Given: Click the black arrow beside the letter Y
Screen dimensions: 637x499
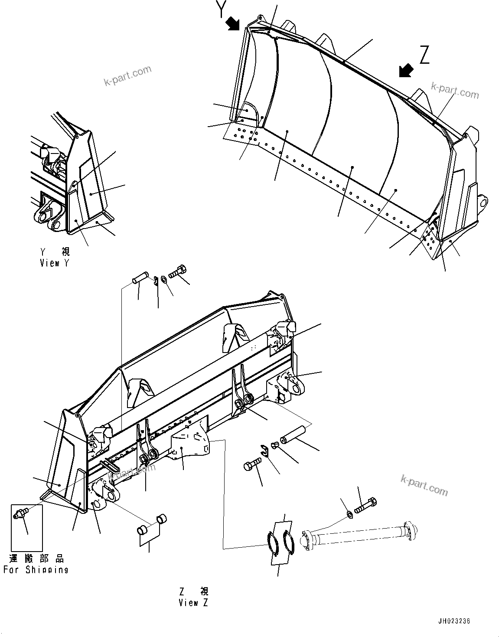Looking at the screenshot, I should pos(233,23).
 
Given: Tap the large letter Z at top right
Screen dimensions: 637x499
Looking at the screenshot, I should pos(424,56).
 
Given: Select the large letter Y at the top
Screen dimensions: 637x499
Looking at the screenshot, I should pos(222,9).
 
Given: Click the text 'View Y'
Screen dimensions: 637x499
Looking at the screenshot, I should pos(54,263).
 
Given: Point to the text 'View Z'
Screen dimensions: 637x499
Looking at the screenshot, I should pos(193,603).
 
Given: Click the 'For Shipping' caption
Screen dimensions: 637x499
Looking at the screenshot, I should pos(36,570).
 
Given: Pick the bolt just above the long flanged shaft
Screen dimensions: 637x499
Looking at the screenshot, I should pos(366,505).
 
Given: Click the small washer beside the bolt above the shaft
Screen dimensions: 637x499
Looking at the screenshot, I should pos(350,514).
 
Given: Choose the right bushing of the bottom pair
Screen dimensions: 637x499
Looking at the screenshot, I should pos(161,519).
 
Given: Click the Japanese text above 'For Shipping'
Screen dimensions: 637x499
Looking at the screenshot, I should pos(36,559).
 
